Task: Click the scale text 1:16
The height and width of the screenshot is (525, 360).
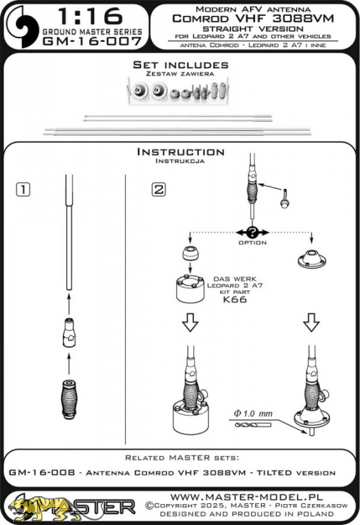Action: point(90,16)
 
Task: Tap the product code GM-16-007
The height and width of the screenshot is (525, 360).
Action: point(92,41)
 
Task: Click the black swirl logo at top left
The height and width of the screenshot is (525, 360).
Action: point(23,26)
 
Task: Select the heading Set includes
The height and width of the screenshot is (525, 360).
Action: point(181,64)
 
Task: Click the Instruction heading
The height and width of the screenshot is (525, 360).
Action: point(181,152)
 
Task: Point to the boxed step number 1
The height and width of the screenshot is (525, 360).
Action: point(23,190)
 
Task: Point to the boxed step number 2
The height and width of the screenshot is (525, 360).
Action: point(159,190)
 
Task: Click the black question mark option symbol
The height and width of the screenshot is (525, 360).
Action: point(252,232)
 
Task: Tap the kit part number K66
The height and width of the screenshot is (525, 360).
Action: point(235,299)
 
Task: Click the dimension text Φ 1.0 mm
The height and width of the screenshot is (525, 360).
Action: point(253,414)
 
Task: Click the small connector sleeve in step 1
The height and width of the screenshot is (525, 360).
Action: point(69,333)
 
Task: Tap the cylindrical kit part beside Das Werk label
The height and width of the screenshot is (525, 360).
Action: point(190,289)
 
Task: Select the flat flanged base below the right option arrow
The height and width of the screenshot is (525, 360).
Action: point(311,259)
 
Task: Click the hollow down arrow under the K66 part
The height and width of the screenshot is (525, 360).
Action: point(190,322)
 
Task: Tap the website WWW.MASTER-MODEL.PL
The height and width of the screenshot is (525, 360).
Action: point(247,497)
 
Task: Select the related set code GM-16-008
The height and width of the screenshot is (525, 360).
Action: point(42,472)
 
